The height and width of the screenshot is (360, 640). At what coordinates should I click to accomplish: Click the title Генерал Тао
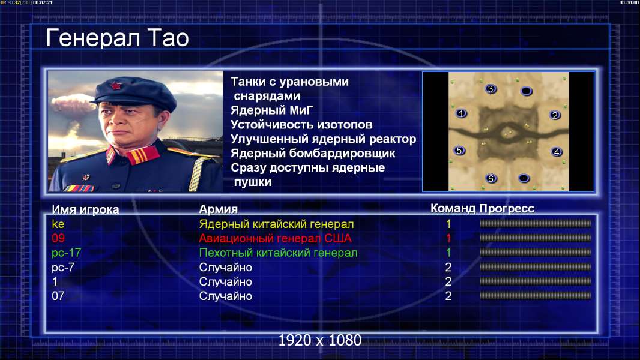click(x=117, y=38)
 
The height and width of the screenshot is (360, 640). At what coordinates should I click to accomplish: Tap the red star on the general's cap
click(x=115, y=86)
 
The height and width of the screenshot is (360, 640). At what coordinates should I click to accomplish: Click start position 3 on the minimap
click(x=491, y=88)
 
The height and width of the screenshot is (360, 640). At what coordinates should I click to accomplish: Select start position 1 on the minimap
click(x=461, y=113)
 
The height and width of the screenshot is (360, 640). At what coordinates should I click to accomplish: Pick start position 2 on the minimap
click(x=554, y=115)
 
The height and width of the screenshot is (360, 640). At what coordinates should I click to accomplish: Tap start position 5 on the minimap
click(x=459, y=151)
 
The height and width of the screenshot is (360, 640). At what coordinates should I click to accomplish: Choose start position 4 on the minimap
click(x=557, y=152)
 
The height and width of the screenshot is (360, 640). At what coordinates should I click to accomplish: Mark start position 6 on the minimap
click(x=491, y=178)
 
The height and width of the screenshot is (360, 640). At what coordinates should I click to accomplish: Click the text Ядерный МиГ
click(x=271, y=110)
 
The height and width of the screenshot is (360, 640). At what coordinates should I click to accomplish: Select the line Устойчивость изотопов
click(x=301, y=125)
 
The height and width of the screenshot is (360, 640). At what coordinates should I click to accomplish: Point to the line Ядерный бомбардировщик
click(x=313, y=153)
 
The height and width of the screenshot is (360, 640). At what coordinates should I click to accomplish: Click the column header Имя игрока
click(x=85, y=209)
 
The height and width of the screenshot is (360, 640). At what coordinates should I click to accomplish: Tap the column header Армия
click(x=219, y=209)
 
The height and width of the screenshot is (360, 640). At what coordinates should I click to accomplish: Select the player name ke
click(x=58, y=224)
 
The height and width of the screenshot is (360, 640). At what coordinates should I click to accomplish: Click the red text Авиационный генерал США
click(x=275, y=239)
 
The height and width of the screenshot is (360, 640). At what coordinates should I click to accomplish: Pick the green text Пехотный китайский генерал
click(x=279, y=253)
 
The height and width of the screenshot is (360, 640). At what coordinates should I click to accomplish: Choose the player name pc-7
click(x=63, y=268)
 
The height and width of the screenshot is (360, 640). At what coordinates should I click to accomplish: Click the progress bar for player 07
click(x=536, y=295)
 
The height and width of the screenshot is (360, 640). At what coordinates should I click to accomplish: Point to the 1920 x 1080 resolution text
click(x=319, y=340)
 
